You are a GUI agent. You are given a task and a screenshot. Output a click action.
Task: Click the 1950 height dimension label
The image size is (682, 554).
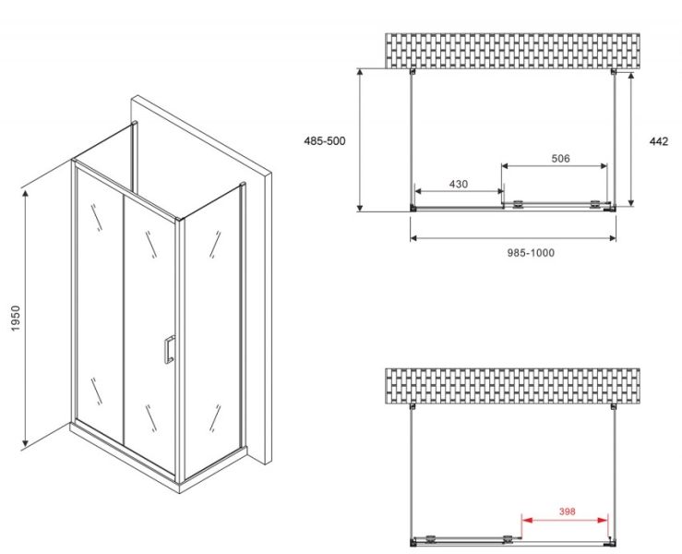(x=16, y=319)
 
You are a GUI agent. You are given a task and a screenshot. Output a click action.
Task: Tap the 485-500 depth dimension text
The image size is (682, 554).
(x=325, y=141)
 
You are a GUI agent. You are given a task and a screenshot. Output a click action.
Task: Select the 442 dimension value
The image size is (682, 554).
(x=659, y=141)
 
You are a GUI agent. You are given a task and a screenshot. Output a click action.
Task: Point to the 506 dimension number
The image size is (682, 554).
(x=560, y=159)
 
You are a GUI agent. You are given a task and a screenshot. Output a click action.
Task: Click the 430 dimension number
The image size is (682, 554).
(x=459, y=184)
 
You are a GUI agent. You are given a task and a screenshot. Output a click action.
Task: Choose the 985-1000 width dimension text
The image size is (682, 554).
(x=531, y=253)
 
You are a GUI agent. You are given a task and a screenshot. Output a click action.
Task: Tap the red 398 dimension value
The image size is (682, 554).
(x=567, y=512)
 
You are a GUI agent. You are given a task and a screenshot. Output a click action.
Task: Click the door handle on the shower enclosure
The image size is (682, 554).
(x=169, y=349)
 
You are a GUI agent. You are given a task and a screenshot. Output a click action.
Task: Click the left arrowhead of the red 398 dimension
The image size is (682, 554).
(x=526, y=520)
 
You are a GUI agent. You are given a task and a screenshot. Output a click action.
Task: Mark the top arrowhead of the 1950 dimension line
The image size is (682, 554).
(x=25, y=194)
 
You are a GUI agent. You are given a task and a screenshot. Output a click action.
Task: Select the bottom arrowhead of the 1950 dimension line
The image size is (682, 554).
(x=25, y=442)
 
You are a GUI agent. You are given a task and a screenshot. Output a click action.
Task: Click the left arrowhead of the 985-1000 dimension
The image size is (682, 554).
(x=414, y=238)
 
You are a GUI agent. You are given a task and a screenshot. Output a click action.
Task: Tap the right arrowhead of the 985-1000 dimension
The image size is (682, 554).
(x=612, y=238)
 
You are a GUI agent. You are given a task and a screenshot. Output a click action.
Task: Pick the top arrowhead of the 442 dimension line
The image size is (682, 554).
(x=631, y=77)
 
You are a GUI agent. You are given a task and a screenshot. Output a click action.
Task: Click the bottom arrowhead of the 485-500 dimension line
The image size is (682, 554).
(x=360, y=207)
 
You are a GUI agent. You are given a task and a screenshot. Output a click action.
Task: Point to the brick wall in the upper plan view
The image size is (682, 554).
(x=512, y=51)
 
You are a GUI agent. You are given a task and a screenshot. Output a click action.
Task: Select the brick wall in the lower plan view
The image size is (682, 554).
(x=512, y=386)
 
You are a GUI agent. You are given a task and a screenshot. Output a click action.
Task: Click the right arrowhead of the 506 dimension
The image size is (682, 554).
(x=603, y=166)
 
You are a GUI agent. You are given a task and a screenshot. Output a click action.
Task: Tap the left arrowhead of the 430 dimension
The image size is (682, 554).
(x=419, y=191)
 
